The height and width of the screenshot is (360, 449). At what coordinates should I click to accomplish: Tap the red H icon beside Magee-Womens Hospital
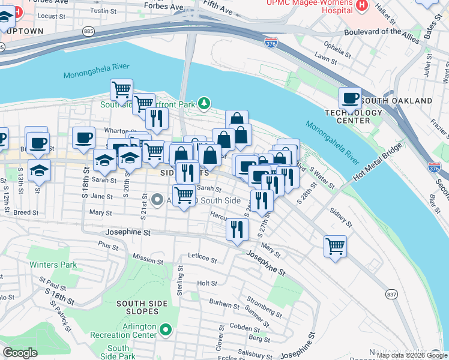[x=361, y=5]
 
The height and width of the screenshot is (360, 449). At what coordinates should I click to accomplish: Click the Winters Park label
[x=55, y=265]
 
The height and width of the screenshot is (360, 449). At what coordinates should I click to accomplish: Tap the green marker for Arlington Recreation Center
[x=166, y=330]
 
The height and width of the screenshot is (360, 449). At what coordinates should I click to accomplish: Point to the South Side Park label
[x=118, y=352]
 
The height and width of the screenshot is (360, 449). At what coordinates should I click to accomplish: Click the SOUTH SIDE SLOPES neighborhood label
[x=137, y=307]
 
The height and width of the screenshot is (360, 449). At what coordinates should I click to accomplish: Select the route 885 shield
[x=89, y=31]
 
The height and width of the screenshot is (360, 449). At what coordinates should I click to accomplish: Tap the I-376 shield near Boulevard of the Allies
[x=270, y=43]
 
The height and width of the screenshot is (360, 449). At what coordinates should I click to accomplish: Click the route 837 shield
[x=392, y=294]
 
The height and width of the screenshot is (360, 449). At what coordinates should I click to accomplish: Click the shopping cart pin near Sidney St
[x=335, y=245]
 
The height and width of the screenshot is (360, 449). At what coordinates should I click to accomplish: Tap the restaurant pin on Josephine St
[x=237, y=229]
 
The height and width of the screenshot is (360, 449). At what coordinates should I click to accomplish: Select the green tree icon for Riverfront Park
[x=205, y=104]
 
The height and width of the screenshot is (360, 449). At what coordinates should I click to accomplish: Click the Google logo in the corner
[x=20, y=353]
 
